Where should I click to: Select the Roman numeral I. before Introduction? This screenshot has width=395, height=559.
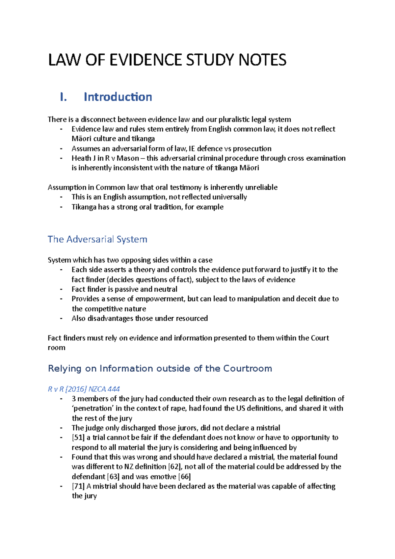[x=64, y=97]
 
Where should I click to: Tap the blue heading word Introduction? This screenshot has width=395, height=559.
[x=118, y=97]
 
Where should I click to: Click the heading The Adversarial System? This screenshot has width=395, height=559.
[x=97, y=239]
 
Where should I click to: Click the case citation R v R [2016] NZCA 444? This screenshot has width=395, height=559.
[x=84, y=389]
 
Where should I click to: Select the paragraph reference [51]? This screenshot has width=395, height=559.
[x=78, y=438]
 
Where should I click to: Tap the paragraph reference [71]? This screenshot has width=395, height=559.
[x=78, y=486]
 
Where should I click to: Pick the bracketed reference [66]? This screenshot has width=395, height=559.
[x=184, y=477]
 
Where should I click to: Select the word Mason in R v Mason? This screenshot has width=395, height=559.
[x=128, y=158]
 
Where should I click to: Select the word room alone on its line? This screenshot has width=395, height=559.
[x=56, y=348]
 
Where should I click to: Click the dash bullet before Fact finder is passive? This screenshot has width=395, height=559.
[x=61, y=289]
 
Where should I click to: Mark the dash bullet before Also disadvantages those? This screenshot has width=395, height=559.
[x=61, y=318]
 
